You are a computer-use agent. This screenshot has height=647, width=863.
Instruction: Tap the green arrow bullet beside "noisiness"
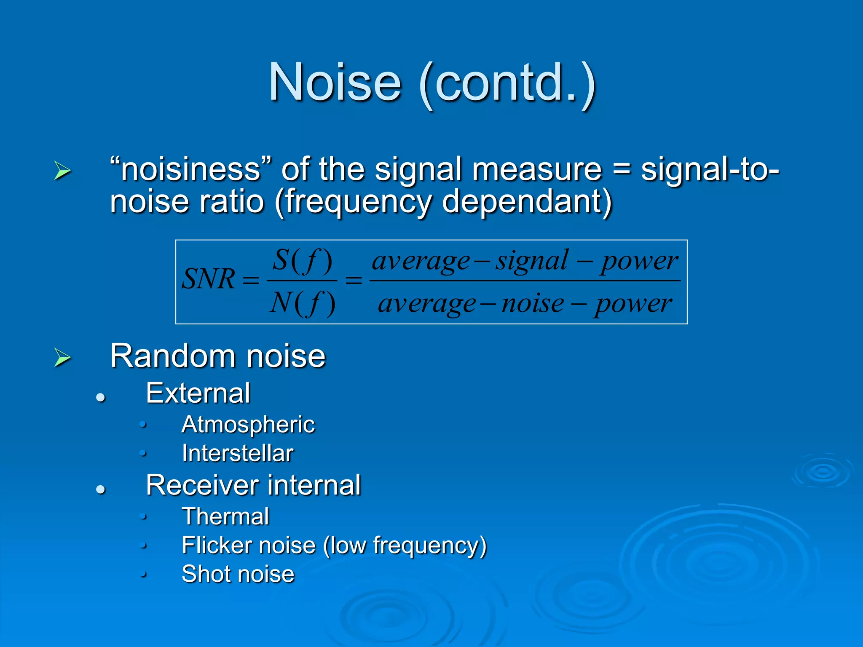62,171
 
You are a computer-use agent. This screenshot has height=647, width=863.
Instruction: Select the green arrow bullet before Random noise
62,358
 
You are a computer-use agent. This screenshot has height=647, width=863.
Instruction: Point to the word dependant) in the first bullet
527,202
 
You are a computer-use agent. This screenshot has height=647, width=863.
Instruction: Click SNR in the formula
209,279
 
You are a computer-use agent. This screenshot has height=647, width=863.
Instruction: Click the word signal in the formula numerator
531,261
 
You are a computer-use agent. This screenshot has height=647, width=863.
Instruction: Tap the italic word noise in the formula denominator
533,303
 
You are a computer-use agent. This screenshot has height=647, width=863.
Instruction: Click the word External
198,393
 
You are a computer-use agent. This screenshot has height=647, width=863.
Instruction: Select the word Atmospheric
248,424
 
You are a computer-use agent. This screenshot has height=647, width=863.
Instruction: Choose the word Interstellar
237,454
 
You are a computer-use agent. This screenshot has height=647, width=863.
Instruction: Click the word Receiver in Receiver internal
201,485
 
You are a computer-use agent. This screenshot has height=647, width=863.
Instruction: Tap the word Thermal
225,516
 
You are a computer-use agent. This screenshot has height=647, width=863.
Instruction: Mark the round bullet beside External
100,397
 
